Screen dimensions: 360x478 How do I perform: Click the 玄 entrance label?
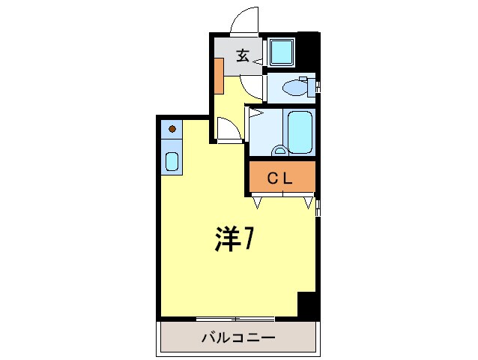pos(243,55)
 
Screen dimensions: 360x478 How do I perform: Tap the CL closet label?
pos(281,178)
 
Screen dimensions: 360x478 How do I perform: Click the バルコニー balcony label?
pos(238,337)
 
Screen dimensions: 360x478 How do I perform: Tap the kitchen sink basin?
pos(172,161)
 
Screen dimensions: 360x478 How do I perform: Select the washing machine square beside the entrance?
pos(282,52)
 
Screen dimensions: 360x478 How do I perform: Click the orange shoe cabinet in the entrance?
pos(218,75)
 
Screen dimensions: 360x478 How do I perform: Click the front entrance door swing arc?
pos(243,20)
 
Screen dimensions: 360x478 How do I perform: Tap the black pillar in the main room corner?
pos(307,304)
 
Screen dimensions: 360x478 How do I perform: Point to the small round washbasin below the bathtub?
pos(280,149)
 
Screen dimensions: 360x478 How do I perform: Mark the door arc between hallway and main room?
pos(229,129)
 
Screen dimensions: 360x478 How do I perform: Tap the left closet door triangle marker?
pos(258,202)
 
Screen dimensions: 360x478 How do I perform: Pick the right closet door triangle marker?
pos(308,202)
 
